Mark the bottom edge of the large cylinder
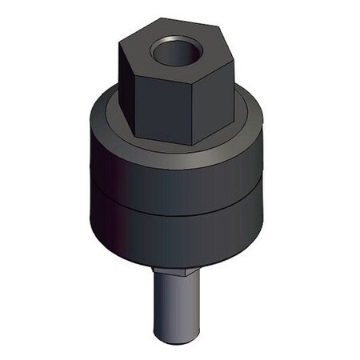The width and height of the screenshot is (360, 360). click(x=176, y=266)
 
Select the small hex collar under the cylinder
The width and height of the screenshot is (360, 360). click(x=172, y=272)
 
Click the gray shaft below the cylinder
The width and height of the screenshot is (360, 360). click(x=172, y=308)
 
